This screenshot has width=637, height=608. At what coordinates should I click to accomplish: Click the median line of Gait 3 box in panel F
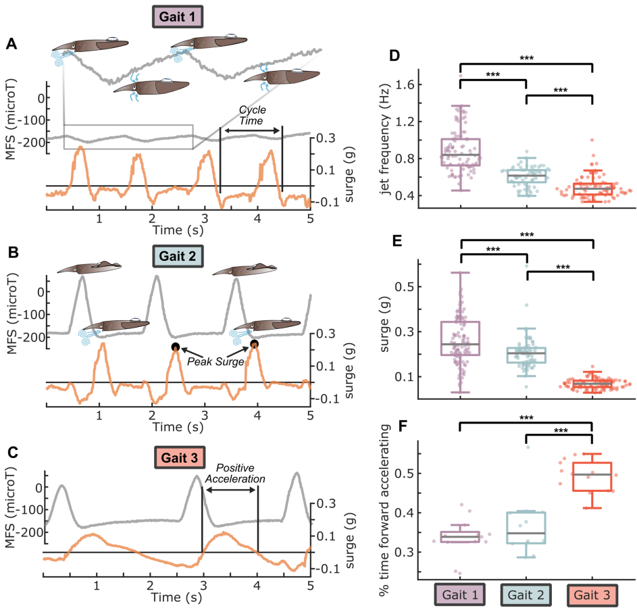pyautogui.click(x=592, y=474)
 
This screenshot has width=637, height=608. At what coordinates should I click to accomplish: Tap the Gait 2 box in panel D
pyautogui.click(x=526, y=176)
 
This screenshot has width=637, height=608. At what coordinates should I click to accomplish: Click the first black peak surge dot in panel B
pyautogui.click(x=176, y=347)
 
